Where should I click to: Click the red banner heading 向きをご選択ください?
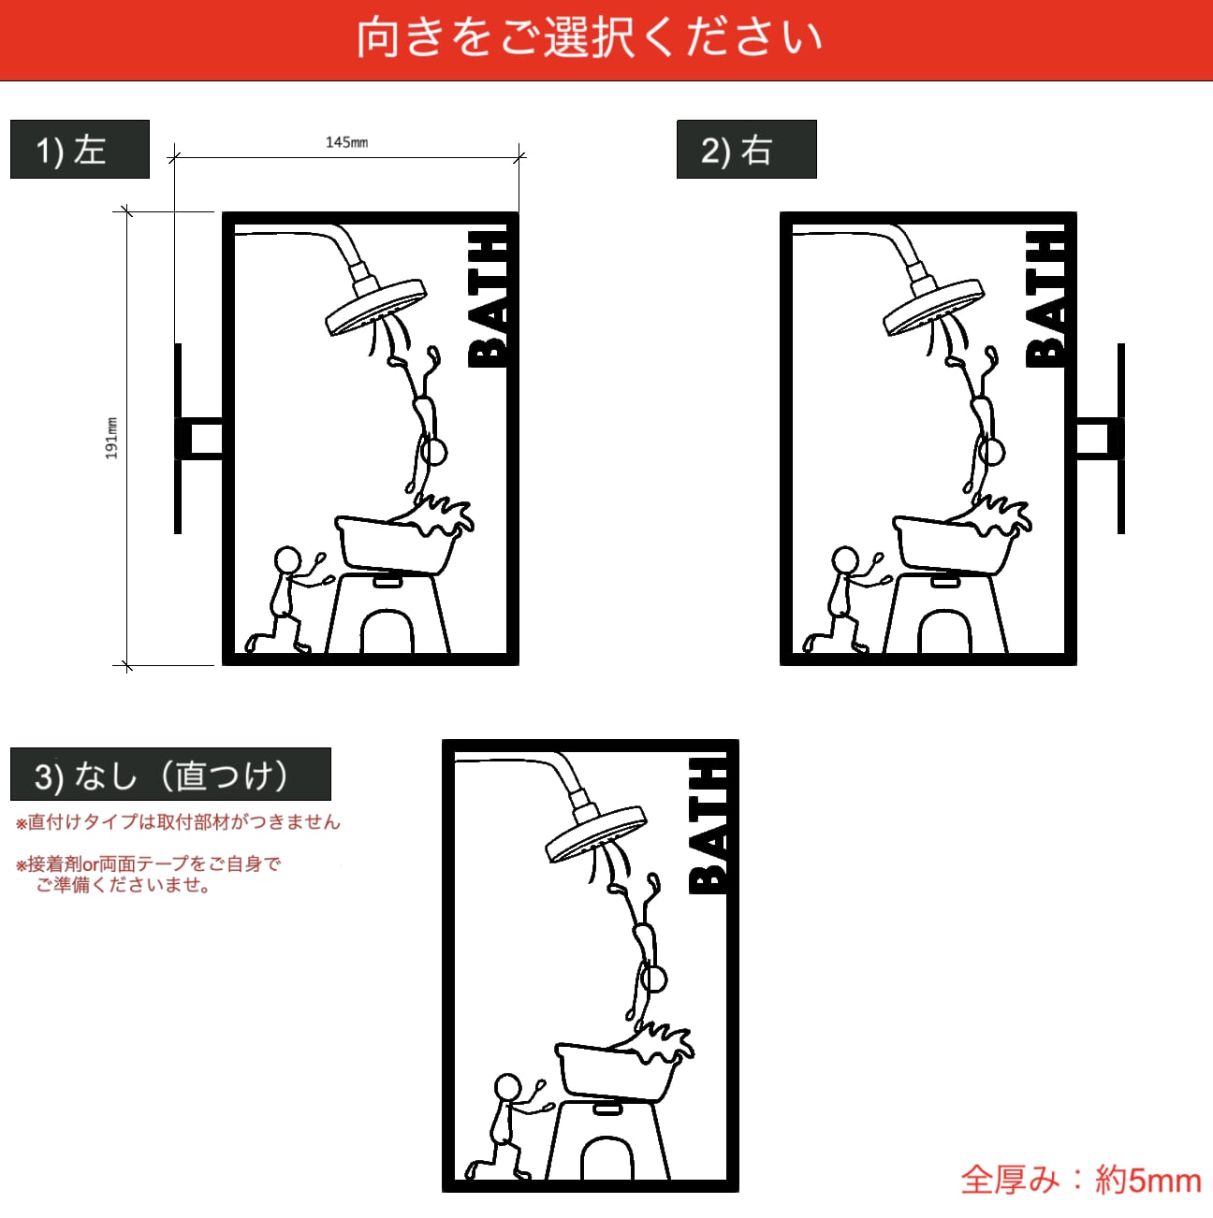[x=589, y=38]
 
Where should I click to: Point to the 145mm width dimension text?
[x=346, y=142]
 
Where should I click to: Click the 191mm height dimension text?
[x=112, y=438]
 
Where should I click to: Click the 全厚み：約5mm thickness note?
[x=1081, y=1180]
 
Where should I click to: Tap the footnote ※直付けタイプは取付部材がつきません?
[x=179, y=821]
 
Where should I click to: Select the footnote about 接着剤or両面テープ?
[x=148, y=874]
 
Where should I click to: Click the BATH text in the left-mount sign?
[x=487, y=298]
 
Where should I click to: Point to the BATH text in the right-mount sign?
[x=1045, y=298]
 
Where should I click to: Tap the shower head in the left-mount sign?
[x=375, y=308]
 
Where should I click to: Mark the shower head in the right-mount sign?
[x=933, y=308]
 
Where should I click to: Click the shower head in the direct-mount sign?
[x=596, y=834]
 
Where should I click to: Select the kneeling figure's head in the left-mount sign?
[x=287, y=560]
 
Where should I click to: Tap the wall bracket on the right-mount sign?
[x=1101, y=438]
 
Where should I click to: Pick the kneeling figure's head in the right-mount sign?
[x=845, y=560]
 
